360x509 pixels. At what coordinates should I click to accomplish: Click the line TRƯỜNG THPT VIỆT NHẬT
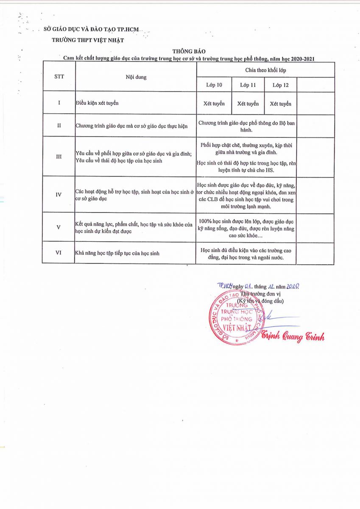(x=88, y=40)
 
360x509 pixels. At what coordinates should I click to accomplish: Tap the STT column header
(x=59, y=77)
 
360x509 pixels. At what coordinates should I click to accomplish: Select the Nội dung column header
(x=135, y=77)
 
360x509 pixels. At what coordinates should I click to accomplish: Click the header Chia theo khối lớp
(x=265, y=70)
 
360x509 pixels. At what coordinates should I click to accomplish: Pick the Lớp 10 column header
(x=214, y=85)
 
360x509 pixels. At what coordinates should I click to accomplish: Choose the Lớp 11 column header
(x=248, y=85)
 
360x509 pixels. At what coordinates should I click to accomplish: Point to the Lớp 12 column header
(x=280, y=85)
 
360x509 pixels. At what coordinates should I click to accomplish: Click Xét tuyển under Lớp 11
(x=248, y=103)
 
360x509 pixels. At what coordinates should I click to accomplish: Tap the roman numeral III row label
(x=59, y=157)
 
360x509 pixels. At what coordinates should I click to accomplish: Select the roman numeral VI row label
(x=59, y=253)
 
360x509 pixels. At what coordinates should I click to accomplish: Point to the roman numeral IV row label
(x=59, y=194)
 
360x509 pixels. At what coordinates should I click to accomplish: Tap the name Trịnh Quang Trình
(x=293, y=337)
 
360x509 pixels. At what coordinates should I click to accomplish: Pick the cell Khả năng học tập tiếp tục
(x=117, y=253)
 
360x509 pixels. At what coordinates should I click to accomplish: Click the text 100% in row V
(x=205, y=221)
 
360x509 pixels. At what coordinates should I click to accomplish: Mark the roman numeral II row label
(x=59, y=126)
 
